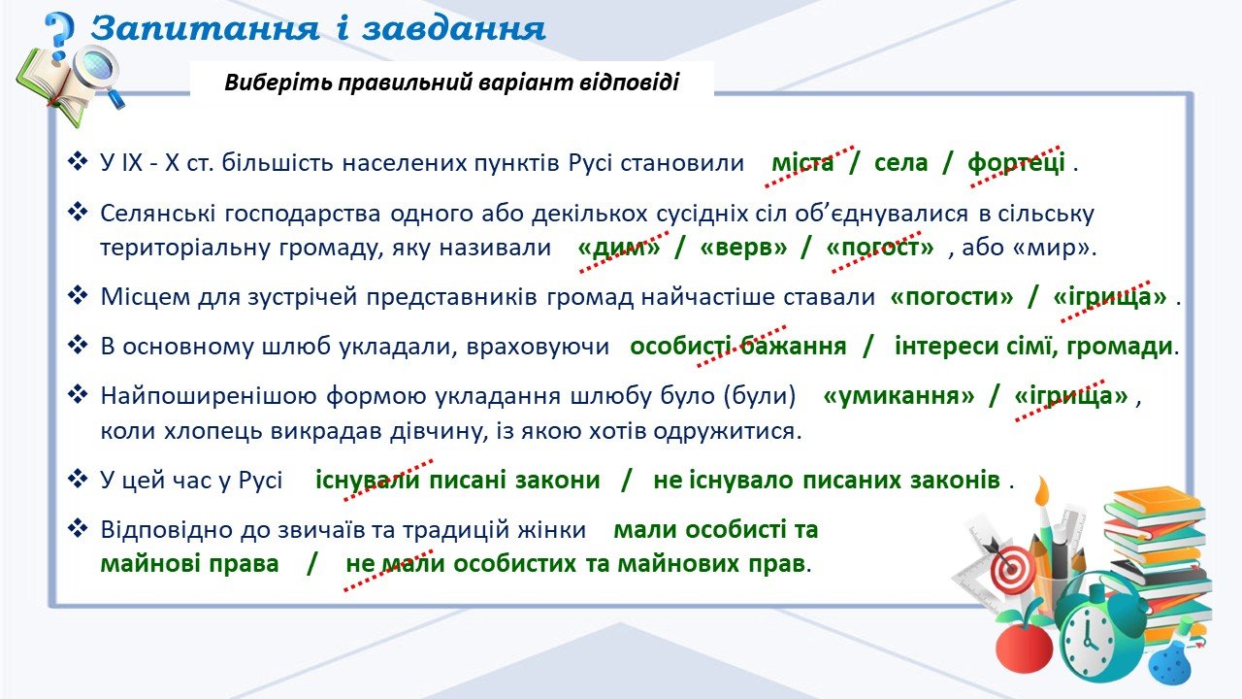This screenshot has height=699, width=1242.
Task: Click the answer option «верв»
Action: click(x=743, y=247)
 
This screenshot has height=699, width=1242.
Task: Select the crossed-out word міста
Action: click(x=802, y=163)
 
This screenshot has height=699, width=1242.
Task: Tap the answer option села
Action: click(x=900, y=163)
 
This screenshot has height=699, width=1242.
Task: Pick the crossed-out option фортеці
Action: click(x=1016, y=163)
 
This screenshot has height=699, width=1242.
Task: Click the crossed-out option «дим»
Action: click(x=619, y=247)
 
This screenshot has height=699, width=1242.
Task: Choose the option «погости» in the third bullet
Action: click(x=952, y=297)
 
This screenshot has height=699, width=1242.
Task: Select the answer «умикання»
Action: click(x=899, y=396)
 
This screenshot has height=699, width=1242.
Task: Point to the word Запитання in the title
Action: click(x=206, y=29)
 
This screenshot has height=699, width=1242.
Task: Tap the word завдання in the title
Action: click(x=454, y=29)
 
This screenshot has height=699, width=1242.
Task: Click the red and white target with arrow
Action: click(x=1010, y=567)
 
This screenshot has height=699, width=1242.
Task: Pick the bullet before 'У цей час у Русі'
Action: click(x=78, y=479)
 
